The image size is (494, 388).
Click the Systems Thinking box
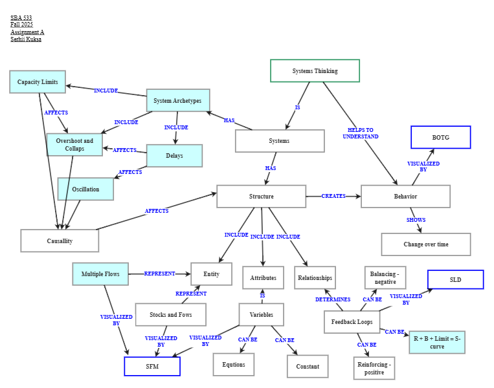click(315, 71)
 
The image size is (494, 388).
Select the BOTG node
click(440, 138)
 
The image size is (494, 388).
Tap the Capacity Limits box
click(38, 82)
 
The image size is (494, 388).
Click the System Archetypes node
click(178, 101)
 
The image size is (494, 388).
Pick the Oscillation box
click(85, 189)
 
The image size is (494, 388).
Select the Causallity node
click(60, 241)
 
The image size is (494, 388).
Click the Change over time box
click(425, 244)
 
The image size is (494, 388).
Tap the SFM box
click(152, 366)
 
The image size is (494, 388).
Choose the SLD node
click(455, 279)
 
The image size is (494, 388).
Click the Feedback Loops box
click(352, 321)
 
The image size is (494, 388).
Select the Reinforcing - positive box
click(374, 368)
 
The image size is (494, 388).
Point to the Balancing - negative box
click(385, 278)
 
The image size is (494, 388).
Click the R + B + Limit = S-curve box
click(436, 342)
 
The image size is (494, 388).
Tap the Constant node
click(308, 366)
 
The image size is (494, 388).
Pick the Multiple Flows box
click(100, 274)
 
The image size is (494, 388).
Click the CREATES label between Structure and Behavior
click(333, 196)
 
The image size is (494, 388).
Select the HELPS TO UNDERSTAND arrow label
click(361, 133)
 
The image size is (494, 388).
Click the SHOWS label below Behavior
click(416, 220)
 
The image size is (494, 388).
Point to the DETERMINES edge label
click(333, 299)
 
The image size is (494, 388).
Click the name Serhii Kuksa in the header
click(26, 39)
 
